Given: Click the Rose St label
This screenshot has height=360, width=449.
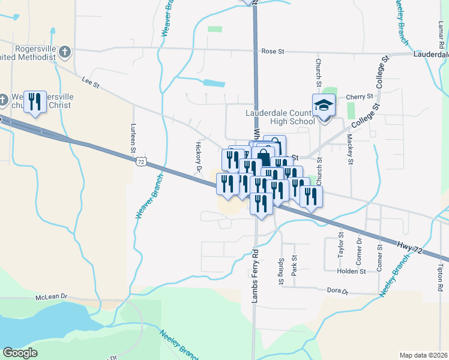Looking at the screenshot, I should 273,52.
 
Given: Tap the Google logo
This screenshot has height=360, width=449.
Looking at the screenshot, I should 20,353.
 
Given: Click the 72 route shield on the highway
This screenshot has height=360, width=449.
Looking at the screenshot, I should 140,161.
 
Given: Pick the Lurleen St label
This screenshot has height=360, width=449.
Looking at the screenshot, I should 133,139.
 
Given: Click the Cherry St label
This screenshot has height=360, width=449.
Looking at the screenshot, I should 360,96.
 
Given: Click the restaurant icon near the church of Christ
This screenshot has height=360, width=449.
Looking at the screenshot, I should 35,102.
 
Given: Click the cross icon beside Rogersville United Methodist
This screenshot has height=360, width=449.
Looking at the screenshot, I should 65,53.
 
